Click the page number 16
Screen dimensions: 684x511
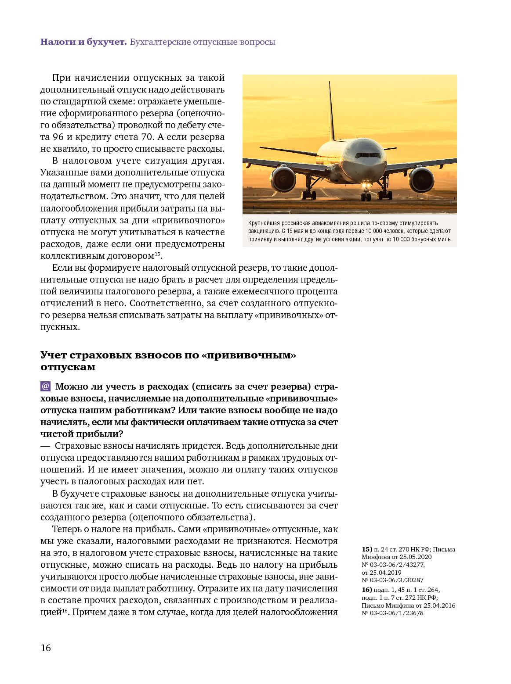46,648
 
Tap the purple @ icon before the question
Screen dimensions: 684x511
46,386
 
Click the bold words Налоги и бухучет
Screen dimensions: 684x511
83,42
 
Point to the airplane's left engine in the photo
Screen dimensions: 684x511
283,179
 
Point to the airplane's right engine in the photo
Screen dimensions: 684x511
422,179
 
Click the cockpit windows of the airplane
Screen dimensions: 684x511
368,155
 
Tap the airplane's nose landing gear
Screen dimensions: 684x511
366,193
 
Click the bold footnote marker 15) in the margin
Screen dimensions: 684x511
367,549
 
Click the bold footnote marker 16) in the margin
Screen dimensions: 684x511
367,590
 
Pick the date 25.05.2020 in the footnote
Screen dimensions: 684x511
416,557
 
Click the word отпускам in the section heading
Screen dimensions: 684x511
68,367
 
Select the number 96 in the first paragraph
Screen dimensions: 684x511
58,137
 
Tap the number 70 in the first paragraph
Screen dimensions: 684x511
147,137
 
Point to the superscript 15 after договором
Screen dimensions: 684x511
157,254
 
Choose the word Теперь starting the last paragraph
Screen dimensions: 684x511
66,529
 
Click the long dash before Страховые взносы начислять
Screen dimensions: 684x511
45,446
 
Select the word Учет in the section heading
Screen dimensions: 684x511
53,355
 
